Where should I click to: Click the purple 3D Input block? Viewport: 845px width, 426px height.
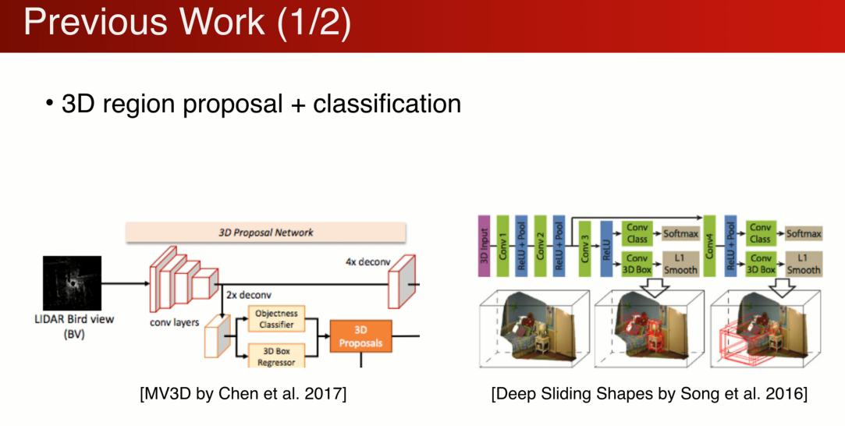484,247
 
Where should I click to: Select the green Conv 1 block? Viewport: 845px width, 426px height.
503,247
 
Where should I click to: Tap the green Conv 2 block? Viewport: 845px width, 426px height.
540,247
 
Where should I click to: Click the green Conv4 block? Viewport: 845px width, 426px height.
710,247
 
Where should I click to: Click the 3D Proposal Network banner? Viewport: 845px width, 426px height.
266,233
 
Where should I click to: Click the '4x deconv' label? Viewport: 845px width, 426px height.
367,262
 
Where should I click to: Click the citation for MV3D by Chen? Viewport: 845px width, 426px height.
243,394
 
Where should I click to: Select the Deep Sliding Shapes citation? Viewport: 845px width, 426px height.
649,394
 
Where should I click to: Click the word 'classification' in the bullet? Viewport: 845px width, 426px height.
387,103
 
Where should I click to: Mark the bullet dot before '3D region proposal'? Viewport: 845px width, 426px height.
50,103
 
